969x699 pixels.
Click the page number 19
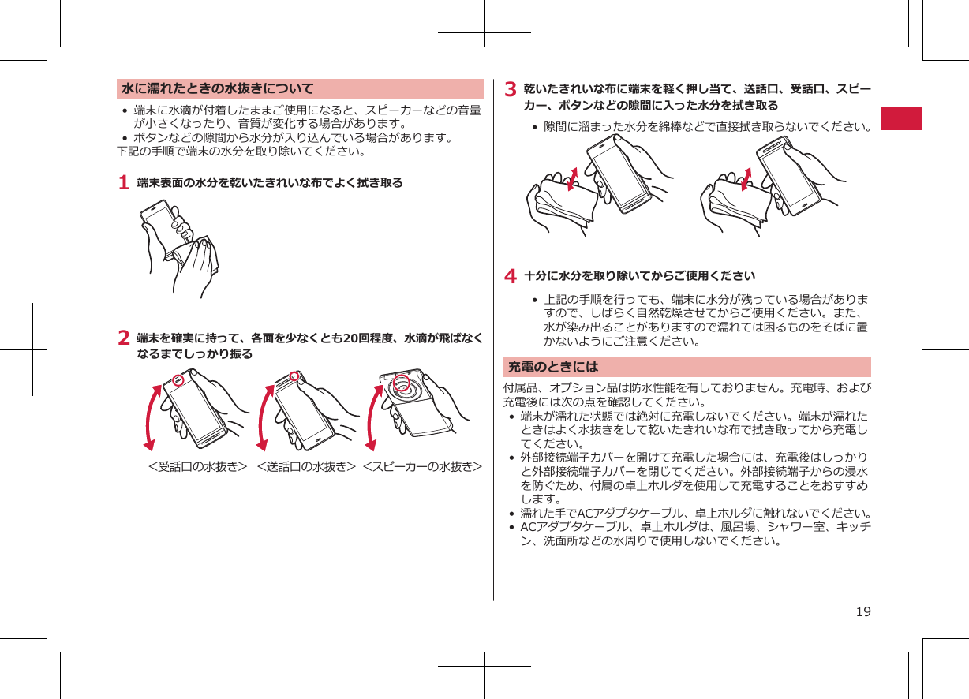[863, 611]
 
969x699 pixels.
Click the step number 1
[123, 183]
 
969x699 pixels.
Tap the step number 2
[123, 338]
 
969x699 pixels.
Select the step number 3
[511, 88]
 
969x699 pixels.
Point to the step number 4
[511, 276]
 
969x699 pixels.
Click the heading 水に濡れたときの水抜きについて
[218, 88]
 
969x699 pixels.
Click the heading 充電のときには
[554, 367]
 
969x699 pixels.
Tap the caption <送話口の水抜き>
[305, 466]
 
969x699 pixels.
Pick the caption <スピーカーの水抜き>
[423, 466]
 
